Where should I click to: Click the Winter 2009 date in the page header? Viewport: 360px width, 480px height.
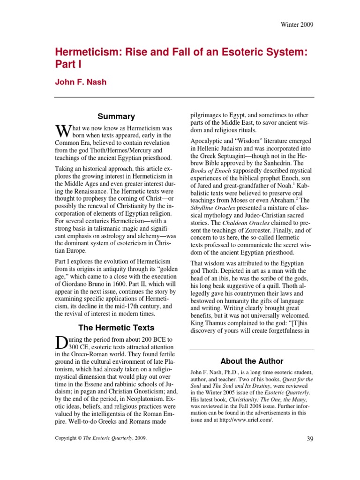pos(297,24)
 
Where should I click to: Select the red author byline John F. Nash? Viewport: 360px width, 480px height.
pos(81,82)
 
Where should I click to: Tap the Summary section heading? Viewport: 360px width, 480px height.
pos(116,117)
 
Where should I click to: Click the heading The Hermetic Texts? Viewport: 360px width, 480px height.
pos(116,328)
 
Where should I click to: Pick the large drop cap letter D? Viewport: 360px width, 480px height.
pos(61,343)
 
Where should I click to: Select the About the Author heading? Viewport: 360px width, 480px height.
pos(252,361)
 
